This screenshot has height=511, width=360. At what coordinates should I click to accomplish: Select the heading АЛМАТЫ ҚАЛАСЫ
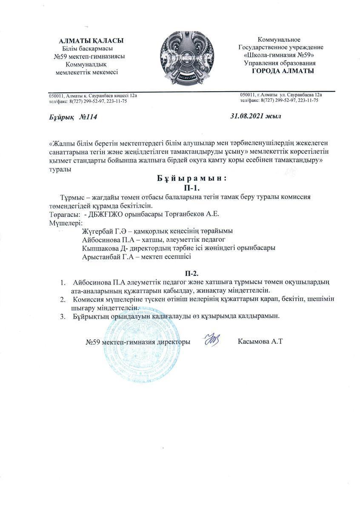(91, 41)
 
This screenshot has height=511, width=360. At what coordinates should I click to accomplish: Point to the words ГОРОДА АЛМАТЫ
(283, 71)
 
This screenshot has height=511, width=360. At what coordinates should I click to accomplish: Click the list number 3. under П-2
(63, 316)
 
